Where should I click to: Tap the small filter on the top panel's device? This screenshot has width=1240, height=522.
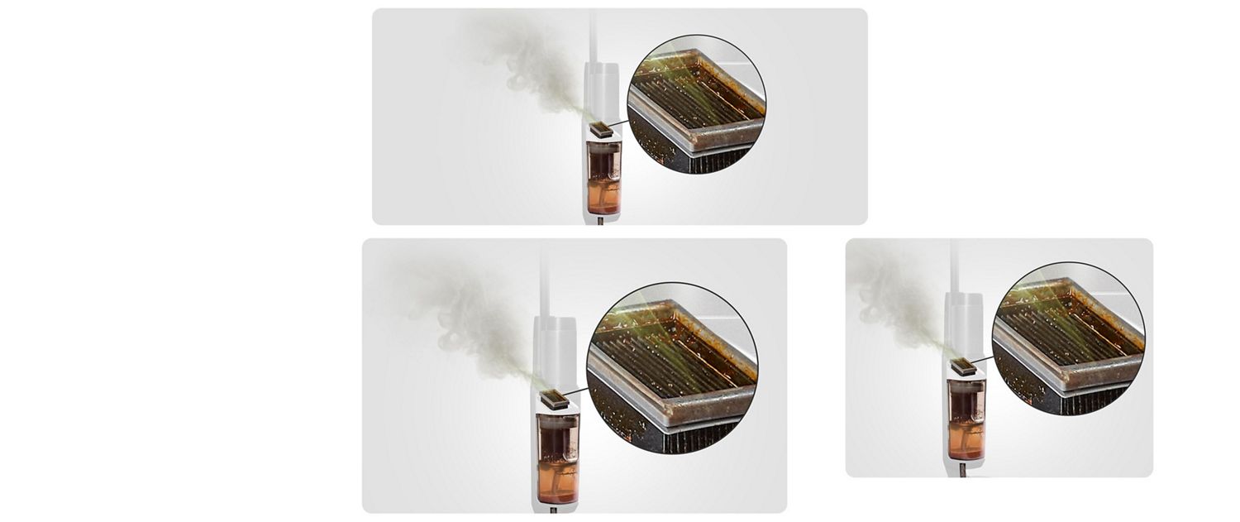tap(602, 130)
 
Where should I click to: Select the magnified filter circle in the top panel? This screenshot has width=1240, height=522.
tap(697, 104)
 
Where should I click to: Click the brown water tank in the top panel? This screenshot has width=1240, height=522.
tap(603, 178)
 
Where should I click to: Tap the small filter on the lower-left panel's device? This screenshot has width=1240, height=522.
tap(555, 400)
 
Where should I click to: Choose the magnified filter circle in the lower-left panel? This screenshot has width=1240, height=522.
tap(671, 367)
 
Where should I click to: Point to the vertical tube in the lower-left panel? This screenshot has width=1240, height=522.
tap(544, 281)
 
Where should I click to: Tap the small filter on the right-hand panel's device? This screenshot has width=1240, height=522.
tap(963, 366)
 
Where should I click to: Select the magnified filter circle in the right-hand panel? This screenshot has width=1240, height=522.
tap(1068, 338)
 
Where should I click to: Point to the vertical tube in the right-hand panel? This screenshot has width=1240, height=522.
tap(955, 265)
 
